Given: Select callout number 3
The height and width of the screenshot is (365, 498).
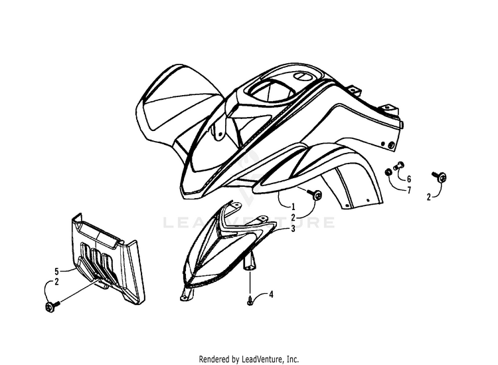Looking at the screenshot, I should [x=293, y=228].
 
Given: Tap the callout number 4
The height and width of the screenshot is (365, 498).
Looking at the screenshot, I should [x=270, y=295].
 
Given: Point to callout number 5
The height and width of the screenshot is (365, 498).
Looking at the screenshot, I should [x=57, y=271].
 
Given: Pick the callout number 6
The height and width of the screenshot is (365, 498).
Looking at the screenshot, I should [x=410, y=180].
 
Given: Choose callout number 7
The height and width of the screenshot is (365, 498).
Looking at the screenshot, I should [x=410, y=191].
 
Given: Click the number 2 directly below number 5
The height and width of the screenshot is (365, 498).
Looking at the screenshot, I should [x=57, y=283].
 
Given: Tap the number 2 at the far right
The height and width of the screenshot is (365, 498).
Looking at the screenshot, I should [x=429, y=197].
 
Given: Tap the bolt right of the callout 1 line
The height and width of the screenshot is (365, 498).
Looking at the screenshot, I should [x=317, y=195].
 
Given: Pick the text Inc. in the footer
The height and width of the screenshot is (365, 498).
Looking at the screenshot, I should [x=292, y=359].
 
